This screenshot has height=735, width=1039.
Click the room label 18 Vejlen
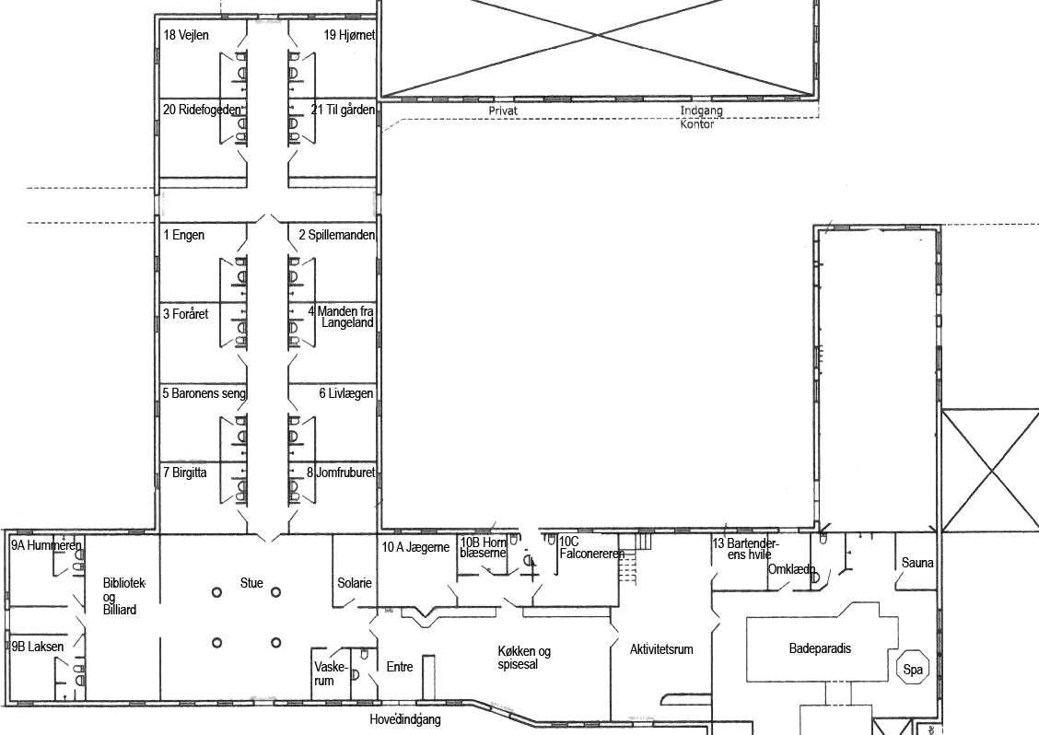coord(185,35)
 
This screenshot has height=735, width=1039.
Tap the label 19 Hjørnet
coord(349,35)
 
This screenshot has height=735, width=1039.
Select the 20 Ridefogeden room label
coord(202,110)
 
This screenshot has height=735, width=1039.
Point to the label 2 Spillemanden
coord(336,235)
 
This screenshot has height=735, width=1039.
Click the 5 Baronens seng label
coord(204,393)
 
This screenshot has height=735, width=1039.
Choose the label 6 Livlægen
coord(346,393)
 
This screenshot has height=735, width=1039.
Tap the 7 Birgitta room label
coord(185,472)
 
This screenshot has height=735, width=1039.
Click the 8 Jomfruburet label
coord(341,472)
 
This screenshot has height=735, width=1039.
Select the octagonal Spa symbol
coord(913,669)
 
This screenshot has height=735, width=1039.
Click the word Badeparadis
coord(821,648)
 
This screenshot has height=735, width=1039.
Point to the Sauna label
coord(917,563)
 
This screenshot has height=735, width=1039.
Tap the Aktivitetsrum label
coord(661,648)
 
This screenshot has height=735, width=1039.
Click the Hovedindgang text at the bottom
coord(405,719)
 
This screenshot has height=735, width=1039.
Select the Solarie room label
coord(355,583)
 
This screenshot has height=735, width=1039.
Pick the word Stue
coord(251,583)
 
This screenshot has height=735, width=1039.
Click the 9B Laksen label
coord(38,647)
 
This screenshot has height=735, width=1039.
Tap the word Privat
coord(503,111)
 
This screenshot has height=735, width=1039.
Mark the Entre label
coord(400,667)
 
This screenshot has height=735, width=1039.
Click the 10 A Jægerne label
coord(415,547)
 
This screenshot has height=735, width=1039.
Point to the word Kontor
coord(697,124)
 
